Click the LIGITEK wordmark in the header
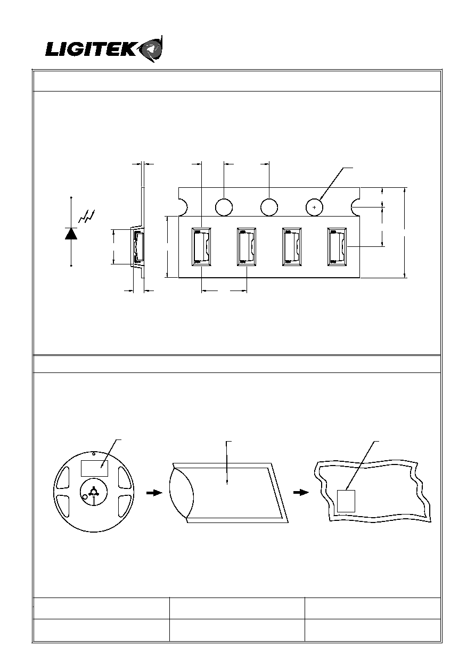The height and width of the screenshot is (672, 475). click(91, 50)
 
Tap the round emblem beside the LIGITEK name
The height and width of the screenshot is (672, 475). click(153, 49)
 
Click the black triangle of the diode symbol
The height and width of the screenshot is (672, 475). click(71, 234)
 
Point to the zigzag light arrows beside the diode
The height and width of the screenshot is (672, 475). click(87, 217)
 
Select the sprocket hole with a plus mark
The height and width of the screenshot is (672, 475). click(314, 207)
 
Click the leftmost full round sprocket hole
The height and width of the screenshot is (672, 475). click(224, 207)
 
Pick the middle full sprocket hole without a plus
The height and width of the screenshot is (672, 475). click(269, 207)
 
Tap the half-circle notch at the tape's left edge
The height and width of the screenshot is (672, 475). click(183, 207)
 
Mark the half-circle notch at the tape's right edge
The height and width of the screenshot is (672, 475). click(356, 207)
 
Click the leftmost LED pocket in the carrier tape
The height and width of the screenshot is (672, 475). click(201, 247)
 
